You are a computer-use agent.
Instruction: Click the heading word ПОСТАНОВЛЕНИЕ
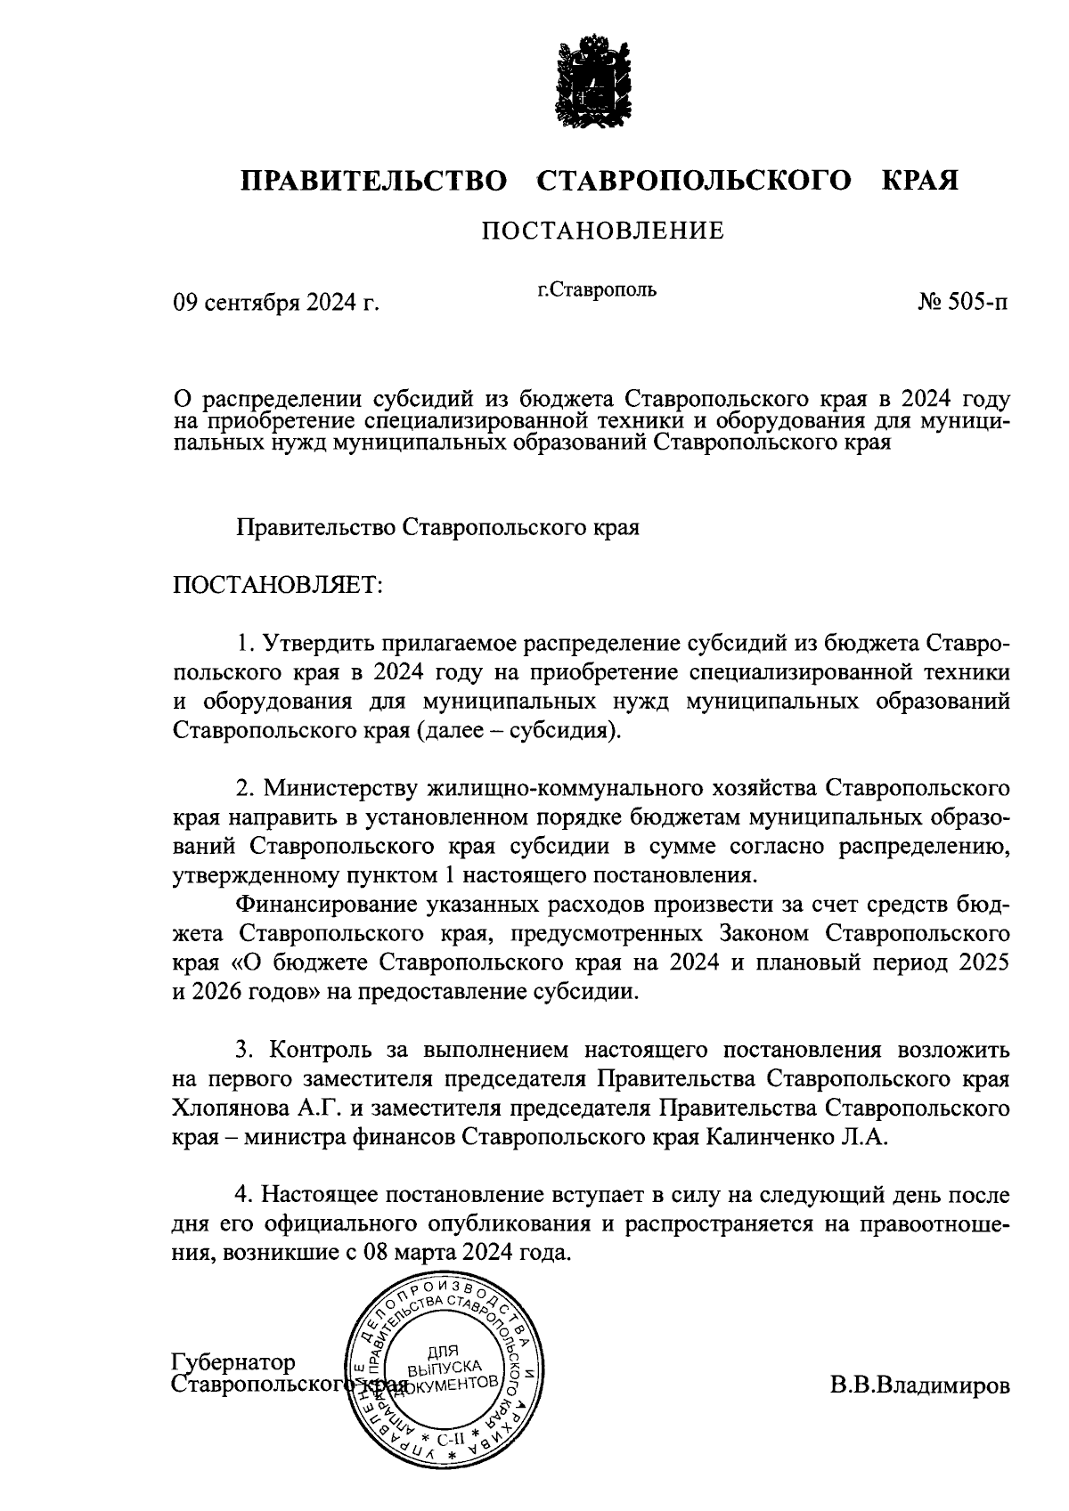point(603,232)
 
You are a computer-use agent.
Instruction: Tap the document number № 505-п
point(964,304)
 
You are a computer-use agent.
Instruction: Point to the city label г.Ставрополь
point(596,289)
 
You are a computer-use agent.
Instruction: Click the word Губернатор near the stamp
point(233,1363)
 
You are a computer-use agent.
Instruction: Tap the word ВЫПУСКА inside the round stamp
point(442,1367)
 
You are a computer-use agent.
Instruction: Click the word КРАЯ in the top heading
point(920,181)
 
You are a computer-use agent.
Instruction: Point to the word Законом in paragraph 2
point(763,933)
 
